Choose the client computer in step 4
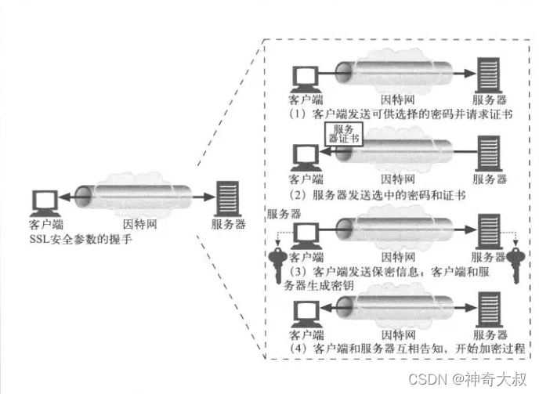pyautogui.click(x=302, y=313)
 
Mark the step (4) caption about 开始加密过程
pyautogui.click(x=406, y=347)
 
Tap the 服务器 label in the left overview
pyautogui.click(x=228, y=224)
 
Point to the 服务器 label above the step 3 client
pyautogui.click(x=284, y=213)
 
